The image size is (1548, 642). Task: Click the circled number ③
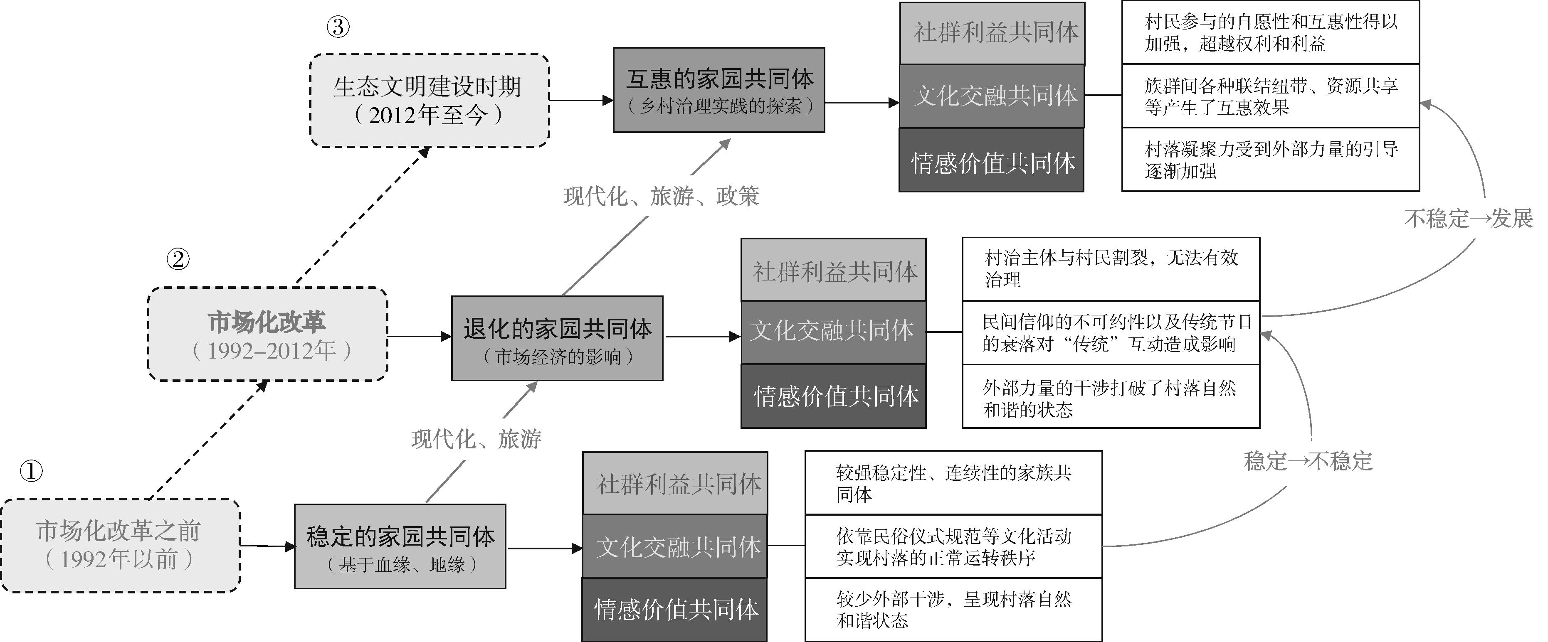(x=338, y=27)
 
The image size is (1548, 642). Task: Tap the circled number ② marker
(x=178, y=259)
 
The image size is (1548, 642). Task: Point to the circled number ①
(x=31, y=471)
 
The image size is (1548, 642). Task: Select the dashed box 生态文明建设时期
(x=429, y=100)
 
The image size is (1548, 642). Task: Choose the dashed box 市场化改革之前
(x=120, y=545)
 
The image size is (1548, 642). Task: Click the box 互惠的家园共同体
(x=719, y=90)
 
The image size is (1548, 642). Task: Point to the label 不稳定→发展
(x=1468, y=218)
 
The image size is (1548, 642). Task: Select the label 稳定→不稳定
(x=1308, y=461)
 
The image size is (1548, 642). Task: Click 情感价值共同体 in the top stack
(x=992, y=161)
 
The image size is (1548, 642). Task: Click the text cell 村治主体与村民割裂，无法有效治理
(x=1111, y=269)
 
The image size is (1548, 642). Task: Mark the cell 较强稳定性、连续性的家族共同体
(x=953, y=483)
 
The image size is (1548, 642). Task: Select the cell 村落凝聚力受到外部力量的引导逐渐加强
(x=1270, y=160)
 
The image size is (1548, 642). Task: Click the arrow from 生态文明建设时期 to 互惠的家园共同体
(x=581, y=100)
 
